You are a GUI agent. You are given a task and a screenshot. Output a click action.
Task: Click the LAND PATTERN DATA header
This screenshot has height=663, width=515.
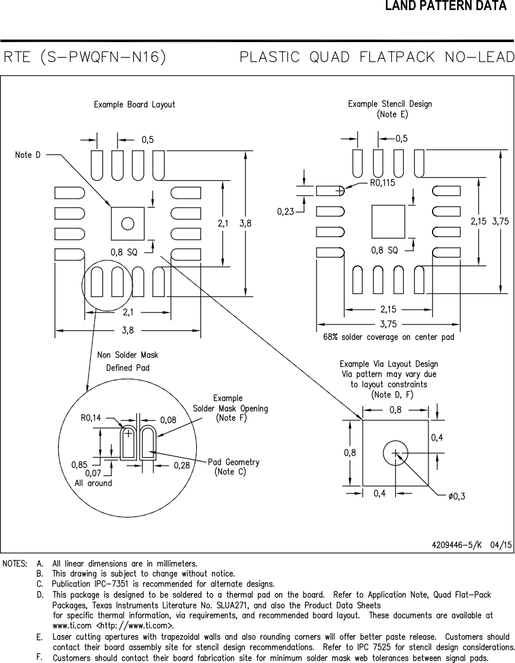(446, 7)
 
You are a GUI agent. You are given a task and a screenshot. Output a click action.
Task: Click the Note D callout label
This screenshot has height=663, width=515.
(28, 155)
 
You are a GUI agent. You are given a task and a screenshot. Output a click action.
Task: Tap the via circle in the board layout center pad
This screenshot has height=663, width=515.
(127, 224)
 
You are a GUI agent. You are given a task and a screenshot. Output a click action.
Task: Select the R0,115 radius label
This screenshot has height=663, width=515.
(382, 183)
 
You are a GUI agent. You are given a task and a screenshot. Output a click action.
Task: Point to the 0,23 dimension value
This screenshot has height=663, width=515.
(286, 211)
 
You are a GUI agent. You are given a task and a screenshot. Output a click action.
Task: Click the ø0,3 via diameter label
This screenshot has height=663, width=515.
(456, 496)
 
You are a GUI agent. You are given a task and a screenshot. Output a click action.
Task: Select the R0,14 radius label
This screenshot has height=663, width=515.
(91, 418)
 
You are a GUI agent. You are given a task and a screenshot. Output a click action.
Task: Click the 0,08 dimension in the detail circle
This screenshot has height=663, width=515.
(168, 419)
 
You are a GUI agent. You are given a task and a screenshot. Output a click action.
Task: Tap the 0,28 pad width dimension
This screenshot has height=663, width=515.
(182, 466)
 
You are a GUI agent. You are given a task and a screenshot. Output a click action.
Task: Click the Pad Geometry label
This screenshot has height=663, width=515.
(233, 462)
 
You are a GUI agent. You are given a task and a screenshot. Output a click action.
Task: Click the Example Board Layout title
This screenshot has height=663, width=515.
(135, 104)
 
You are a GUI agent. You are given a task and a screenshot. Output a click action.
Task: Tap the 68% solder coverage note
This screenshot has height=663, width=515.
(389, 337)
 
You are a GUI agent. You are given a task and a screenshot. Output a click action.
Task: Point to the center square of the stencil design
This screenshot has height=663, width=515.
(388, 222)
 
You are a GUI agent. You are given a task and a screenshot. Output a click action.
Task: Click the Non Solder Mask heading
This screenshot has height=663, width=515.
(127, 355)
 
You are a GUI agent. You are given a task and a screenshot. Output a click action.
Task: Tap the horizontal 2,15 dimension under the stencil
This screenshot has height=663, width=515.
(388, 309)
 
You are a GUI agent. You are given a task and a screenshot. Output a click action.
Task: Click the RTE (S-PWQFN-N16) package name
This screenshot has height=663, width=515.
(84, 58)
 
